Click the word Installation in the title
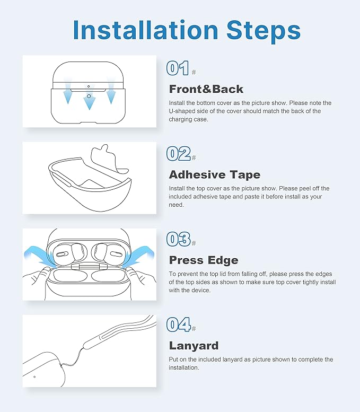[146, 30]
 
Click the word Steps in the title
[264, 31]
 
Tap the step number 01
[178, 68]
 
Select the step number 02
[179, 154]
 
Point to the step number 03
[179, 239]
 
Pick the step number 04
[179, 325]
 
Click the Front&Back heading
[206, 89]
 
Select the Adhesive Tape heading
[215, 175]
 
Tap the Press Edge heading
[204, 260]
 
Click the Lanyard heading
[194, 346]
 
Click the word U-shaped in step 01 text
[182, 111]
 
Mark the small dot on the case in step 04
[34, 377]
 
